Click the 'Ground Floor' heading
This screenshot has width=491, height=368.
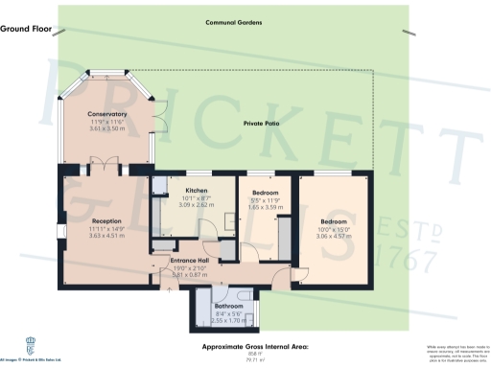(26, 30)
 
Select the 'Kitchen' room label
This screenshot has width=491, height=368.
(196, 191)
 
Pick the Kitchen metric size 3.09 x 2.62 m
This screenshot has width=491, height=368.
(196, 205)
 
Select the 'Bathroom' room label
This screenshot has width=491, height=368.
(222, 306)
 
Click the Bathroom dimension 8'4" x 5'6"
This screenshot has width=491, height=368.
(222, 313)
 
